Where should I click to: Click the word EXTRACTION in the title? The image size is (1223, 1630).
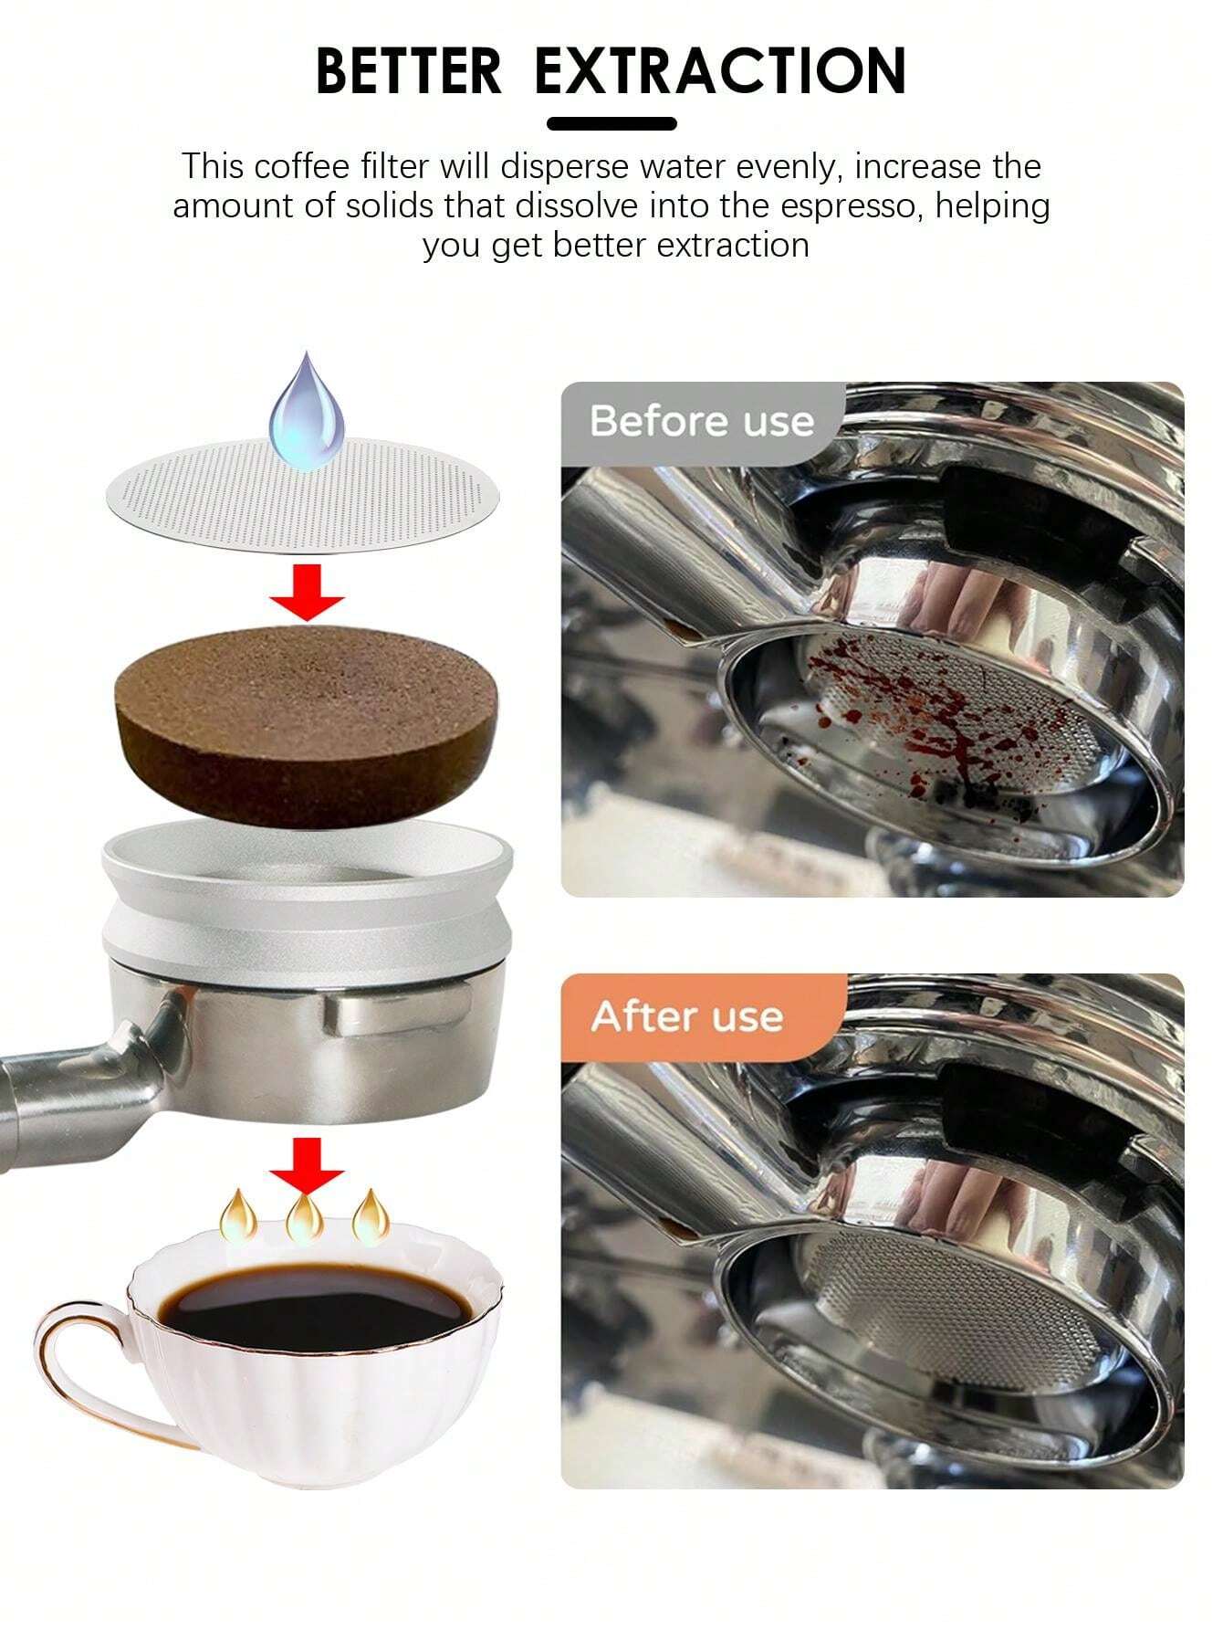pyautogui.click(x=720, y=70)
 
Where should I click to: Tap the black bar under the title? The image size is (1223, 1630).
pyautogui.click(x=611, y=123)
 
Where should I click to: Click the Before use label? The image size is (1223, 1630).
pyautogui.click(x=701, y=422)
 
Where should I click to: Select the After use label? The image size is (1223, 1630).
pyautogui.click(x=686, y=1016)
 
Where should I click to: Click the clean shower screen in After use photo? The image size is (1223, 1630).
pyautogui.click(x=949, y=1315)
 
